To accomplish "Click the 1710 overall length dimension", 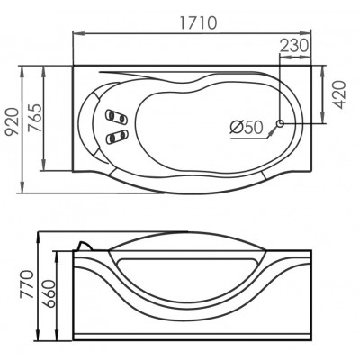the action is pos(198,23).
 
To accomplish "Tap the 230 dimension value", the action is pos(294,46).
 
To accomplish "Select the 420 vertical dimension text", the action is pos(339,94).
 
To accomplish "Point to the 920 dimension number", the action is pos(13,121).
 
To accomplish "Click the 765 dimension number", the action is pos(34,118).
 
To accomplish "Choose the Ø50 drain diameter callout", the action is pos(247,128).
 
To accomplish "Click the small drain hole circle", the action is pos(280,123).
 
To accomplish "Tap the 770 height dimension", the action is pos(26,284).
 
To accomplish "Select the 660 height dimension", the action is pos(49,293).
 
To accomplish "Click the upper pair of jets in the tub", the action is pos(116,116).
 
